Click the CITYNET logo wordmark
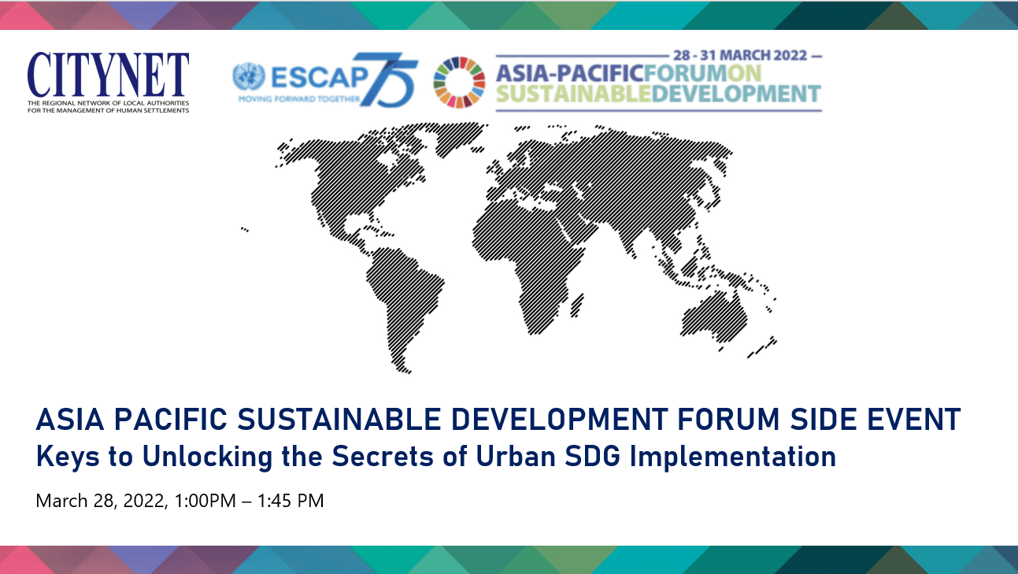(x=108, y=74)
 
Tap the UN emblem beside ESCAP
(x=249, y=76)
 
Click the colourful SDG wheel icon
(x=459, y=82)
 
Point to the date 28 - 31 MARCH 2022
(x=740, y=55)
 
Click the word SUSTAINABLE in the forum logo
(x=573, y=94)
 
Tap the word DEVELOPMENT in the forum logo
(x=736, y=94)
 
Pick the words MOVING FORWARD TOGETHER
(x=299, y=98)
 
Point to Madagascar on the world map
(x=577, y=306)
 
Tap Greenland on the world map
(x=459, y=136)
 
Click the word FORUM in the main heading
(x=728, y=419)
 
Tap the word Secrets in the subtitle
(x=383, y=457)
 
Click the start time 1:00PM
(x=205, y=501)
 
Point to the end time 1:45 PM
(x=291, y=501)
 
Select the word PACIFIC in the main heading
(x=170, y=419)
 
